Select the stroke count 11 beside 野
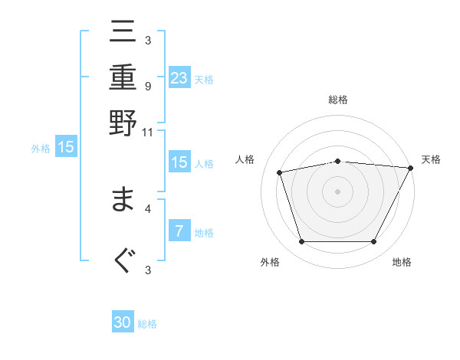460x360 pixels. click(x=148, y=132)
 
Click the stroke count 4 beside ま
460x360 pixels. click(x=147, y=208)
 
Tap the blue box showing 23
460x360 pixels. click(x=179, y=77)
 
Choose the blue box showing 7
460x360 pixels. click(x=179, y=231)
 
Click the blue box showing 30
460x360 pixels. click(x=123, y=322)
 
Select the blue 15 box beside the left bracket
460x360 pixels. click(x=66, y=147)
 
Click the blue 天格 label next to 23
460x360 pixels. click(x=204, y=79)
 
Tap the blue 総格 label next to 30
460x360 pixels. click(x=147, y=324)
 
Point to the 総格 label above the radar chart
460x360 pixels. click(x=338, y=100)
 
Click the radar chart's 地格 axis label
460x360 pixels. click(x=402, y=262)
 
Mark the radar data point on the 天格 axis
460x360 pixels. click(x=410, y=168)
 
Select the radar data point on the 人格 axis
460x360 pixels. click(x=280, y=172)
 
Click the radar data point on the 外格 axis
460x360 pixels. click(x=301, y=241)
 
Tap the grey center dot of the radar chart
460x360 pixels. click(x=338, y=191)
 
